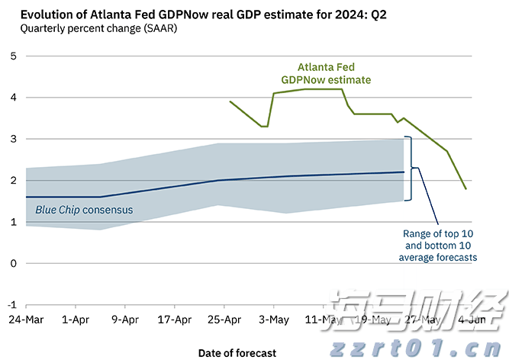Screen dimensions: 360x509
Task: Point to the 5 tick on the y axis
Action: (x=14, y=56)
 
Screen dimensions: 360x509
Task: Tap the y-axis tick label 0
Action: (x=14, y=263)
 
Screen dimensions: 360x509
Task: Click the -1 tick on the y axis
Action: (x=12, y=304)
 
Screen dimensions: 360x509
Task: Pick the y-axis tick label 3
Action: (x=14, y=139)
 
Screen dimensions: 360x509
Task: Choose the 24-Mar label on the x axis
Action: (x=25, y=320)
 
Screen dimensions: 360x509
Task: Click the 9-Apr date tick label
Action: (x=124, y=320)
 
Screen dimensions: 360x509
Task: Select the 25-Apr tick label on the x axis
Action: (x=224, y=320)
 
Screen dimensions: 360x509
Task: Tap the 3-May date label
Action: (x=274, y=320)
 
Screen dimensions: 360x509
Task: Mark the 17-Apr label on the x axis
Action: (x=174, y=320)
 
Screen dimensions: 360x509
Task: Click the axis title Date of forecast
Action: (x=237, y=352)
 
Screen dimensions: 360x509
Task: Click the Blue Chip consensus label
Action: (x=84, y=210)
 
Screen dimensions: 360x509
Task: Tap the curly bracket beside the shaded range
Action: (x=412, y=168)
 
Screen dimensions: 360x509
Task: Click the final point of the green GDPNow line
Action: (x=466, y=188)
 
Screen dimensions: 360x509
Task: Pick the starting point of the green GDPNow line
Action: (x=230, y=101)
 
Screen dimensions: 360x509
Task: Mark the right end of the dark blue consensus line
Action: (x=404, y=172)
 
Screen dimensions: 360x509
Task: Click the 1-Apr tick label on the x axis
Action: (x=75, y=320)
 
